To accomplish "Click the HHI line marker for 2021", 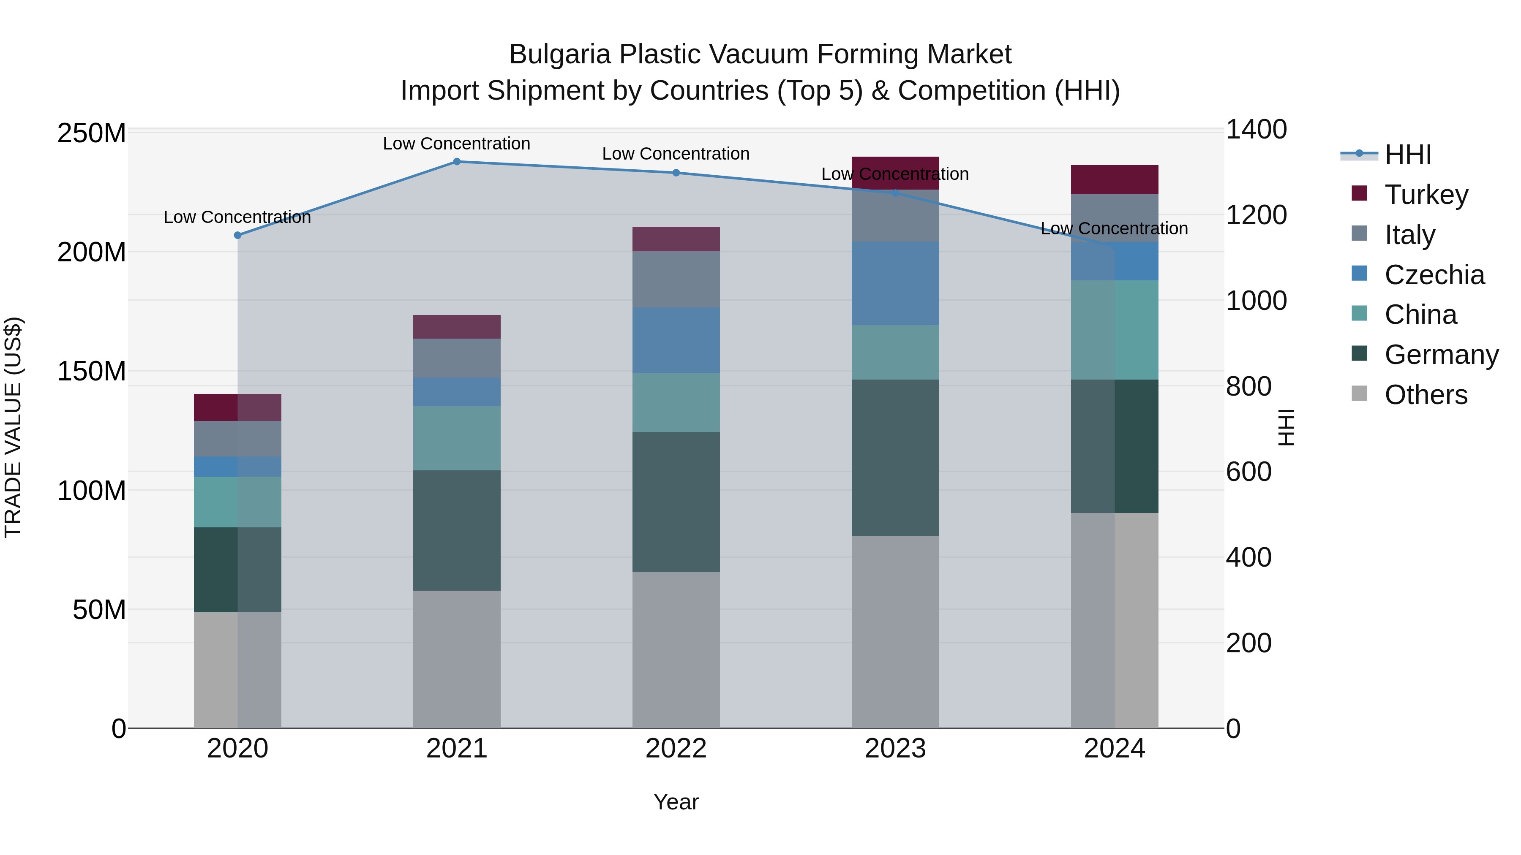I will (x=456, y=162).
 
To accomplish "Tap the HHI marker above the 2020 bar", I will (x=237, y=236).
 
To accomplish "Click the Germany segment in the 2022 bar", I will (x=676, y=502).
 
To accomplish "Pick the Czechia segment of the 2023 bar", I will (x=895, y=283).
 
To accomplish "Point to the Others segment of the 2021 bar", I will (x=456, y=659).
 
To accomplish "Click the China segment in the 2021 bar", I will (x=456, y=438).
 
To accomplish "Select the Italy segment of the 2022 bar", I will (x=676, y=279).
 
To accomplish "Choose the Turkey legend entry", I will (x=1426, y=195).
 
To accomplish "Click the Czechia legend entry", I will (x=1434, y=275).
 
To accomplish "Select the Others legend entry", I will (x=1426, y=395).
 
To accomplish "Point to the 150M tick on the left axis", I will (x=92, y=372).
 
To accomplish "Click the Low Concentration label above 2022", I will (x=676, y=154).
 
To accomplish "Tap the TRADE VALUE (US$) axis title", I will (x=13, y=427).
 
